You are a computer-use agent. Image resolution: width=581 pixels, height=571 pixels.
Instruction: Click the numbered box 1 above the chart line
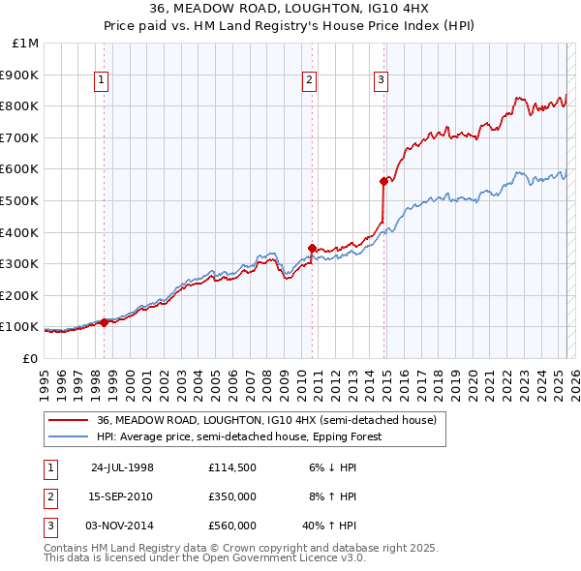pyautogui.click(x=102, y=80)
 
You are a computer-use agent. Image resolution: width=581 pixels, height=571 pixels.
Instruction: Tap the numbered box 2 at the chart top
pyautogui.click(x=309, y=80)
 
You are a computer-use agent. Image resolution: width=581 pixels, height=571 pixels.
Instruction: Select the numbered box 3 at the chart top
pyautogui.click(x=381, y=80)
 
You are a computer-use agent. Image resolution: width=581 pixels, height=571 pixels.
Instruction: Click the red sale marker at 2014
pyautogui.click(x=383, y=181)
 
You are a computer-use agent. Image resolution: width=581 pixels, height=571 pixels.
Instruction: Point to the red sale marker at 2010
pyautogui.click(x=312, y=248)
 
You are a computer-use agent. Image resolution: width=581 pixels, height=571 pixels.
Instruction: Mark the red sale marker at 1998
pyautogui.click(x=105, y=322)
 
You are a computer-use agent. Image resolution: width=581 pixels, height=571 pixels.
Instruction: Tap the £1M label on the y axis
pyautogui.click(x=26, y=43)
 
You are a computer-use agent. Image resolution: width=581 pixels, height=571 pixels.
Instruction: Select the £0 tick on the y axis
pyautogui.click(x=30, y=358)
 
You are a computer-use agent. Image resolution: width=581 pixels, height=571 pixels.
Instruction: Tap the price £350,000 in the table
pyautogui.click(x=232, y=497)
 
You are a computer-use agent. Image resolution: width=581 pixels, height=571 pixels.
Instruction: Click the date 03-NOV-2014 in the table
pyautogui.click(x=123, y=526)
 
